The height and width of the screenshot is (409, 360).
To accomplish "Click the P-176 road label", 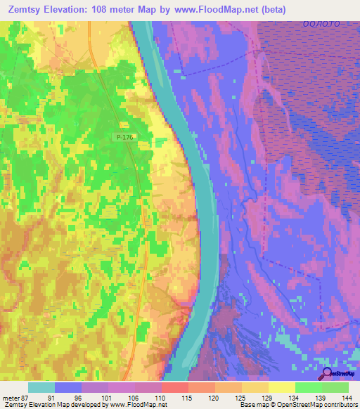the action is (124, 138).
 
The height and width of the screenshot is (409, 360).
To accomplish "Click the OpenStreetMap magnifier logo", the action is (327, 374).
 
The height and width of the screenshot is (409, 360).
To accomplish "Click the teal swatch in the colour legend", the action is (41, 387).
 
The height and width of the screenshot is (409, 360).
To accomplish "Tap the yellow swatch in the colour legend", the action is (282, 387).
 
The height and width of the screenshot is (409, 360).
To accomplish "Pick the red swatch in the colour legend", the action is (175, 387).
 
